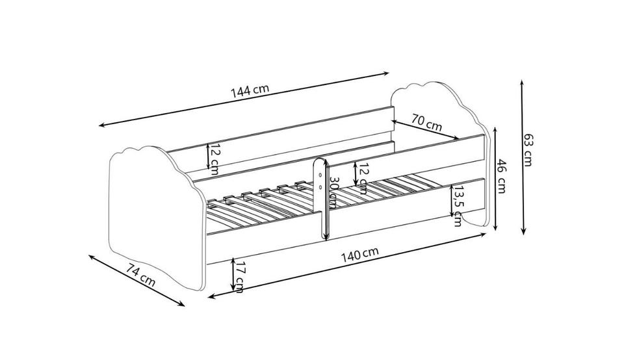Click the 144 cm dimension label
[x=250, y=90]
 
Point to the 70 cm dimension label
[x=426, y=123]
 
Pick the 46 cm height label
[x=501, y=176]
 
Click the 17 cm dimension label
[x=240, y=276]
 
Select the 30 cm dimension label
[x=333, y=192]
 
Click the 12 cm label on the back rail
[x=214, y=159]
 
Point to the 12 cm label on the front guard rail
[x=362, y=178]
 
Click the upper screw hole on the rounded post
[x=320, y=174]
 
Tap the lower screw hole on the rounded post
[x=320, y=186]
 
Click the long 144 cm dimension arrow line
[x=244, y=99]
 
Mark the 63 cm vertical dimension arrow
[x=523, y=157]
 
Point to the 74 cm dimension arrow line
[x=136, y=281]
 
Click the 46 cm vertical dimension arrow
[x=495, y=179]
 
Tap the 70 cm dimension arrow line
[x=425, y=130]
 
